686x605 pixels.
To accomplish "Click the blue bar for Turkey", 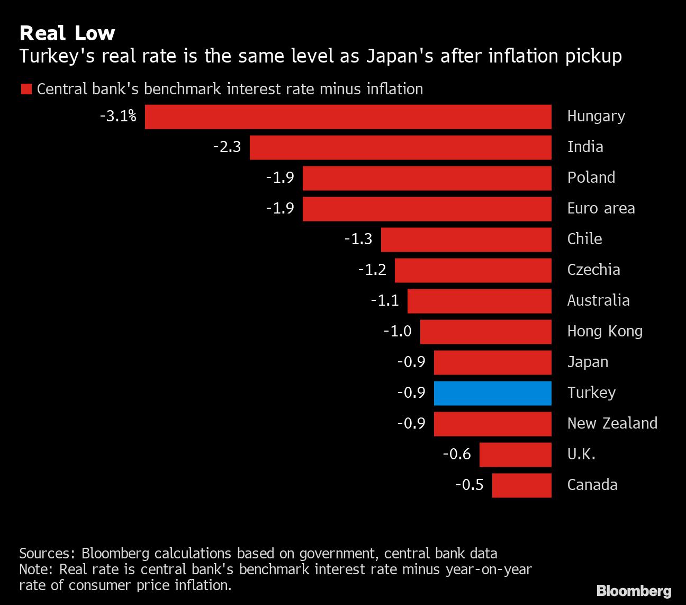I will (x=492, y=393).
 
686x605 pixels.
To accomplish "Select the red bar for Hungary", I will (x=348, y=117).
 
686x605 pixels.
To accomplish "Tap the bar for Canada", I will (x=521, y=485).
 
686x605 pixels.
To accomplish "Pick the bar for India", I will (x=400, y=147).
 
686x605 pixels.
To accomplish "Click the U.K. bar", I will (x=515, y=455).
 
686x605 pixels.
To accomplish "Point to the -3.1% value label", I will (x=118, y=116).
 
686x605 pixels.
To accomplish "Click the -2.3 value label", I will (x=227, y=147).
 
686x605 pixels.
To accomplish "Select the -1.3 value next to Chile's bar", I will (x=358, y=239).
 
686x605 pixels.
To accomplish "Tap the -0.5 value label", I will (x=470, y=485).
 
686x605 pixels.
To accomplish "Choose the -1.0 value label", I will (x=398, y=331).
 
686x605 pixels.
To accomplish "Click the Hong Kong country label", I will (x=604, y=332).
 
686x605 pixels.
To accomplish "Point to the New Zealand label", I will (x=612, y=423).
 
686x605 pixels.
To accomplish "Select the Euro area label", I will (x=601, y=208).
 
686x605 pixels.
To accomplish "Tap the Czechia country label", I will (x=593, y=270).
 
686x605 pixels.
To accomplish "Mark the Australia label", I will (x=598, y=300).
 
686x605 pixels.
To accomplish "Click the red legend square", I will (x=26, y=89).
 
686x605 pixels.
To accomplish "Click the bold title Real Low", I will (x=67, y=33).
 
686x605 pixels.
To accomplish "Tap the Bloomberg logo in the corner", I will (x=634, y=591).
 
